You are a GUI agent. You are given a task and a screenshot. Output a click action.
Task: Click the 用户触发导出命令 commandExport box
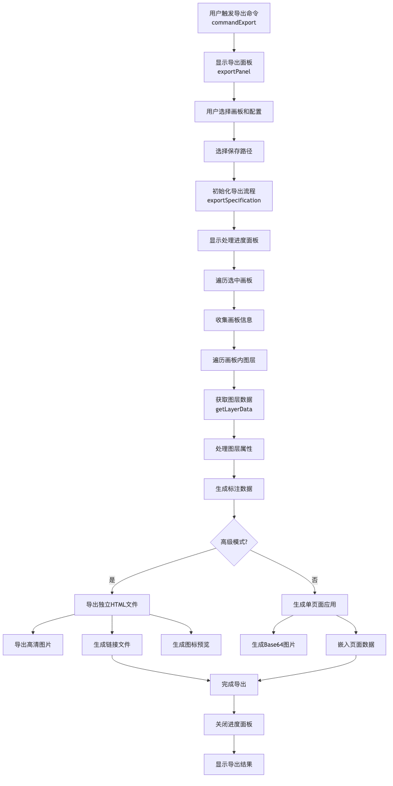pos(234,18)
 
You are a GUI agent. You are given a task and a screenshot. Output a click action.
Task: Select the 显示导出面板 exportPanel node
pos(234,67)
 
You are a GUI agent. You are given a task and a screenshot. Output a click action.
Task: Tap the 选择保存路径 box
pos(234,151)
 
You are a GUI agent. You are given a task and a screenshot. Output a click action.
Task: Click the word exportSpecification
pos(234,200)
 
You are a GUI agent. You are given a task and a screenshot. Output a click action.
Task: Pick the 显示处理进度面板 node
pos(234,240)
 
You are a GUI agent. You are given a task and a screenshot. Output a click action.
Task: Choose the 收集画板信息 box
pos(234,320)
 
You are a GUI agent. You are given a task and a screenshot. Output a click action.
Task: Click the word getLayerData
pos(234,409)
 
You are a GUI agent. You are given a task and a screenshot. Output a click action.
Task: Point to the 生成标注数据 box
pos(234,489)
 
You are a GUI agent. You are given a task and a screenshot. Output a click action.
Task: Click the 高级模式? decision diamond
pos(234,542)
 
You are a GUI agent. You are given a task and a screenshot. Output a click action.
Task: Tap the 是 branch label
pos(112,580)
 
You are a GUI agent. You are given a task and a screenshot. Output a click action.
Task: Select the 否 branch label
pos(315,580)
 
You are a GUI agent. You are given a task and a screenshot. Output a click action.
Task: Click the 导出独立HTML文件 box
pos(112,605)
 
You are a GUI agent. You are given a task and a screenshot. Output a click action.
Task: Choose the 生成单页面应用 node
pos(315,605)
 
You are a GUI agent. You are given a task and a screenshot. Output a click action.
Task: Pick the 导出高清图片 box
pos(33,645)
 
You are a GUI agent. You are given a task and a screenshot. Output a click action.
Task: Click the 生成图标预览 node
pos(191,645)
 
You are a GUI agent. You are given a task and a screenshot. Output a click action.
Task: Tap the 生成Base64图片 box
pos(274,645)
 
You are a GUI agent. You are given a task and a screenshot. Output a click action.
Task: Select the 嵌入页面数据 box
pos(356,645)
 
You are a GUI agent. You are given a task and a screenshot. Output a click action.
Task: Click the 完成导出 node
pos(234,684)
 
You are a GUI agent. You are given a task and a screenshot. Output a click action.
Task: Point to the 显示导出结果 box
pos(234,764)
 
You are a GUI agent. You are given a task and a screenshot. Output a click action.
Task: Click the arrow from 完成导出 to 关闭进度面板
pos(234,704)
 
